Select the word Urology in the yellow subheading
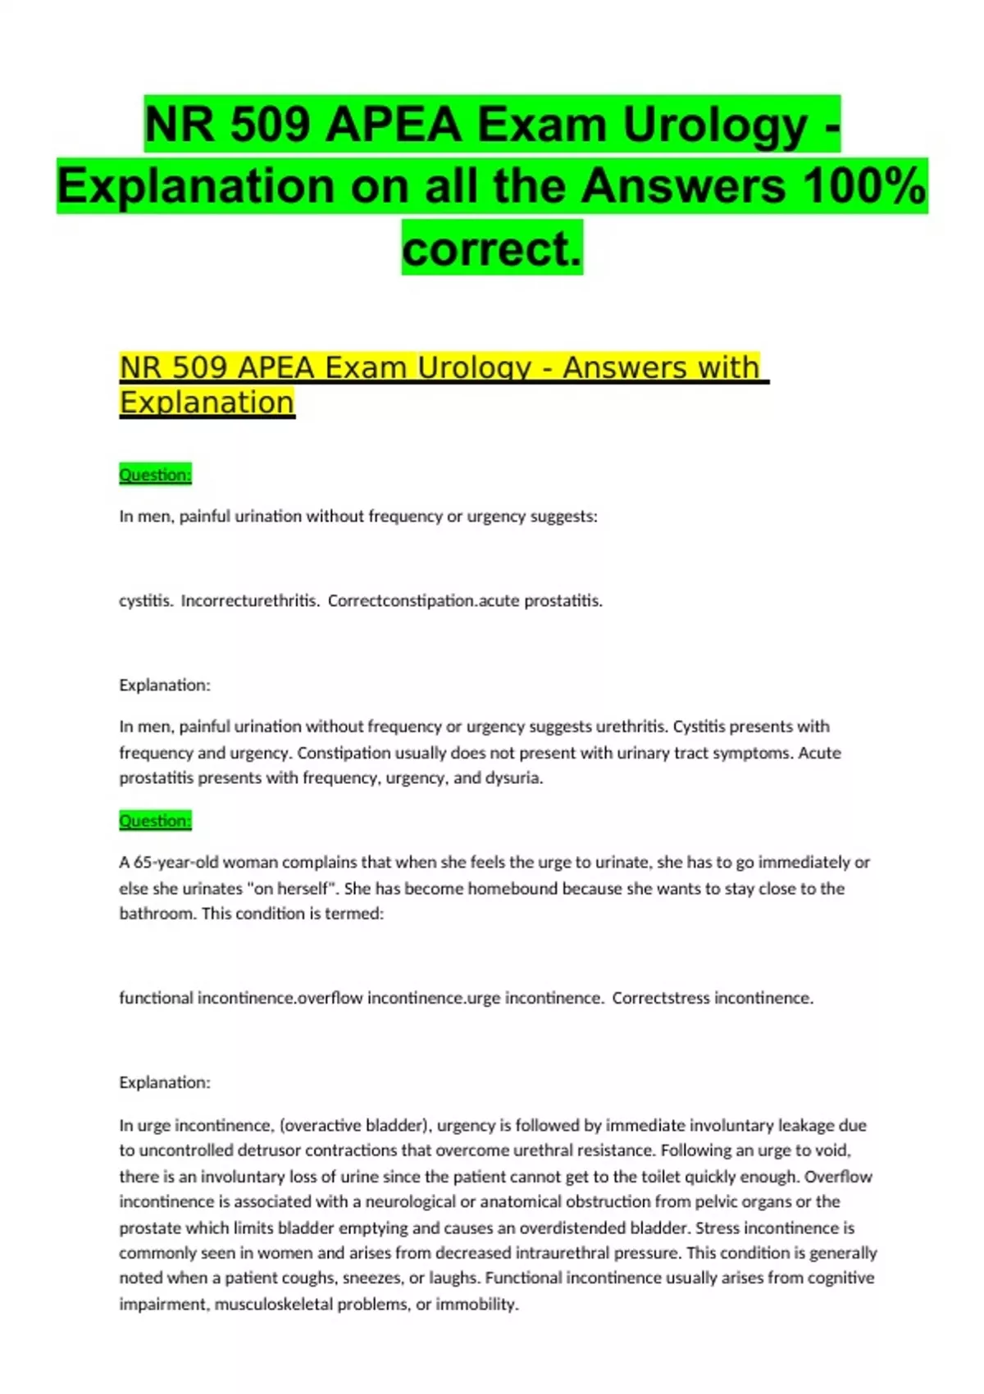coord(475,367)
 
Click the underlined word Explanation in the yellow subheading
coord(207,403)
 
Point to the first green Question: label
coord(155,475)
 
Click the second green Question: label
coord(155,821)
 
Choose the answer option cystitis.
coord(145,600)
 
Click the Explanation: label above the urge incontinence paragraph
coord(165,1082)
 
